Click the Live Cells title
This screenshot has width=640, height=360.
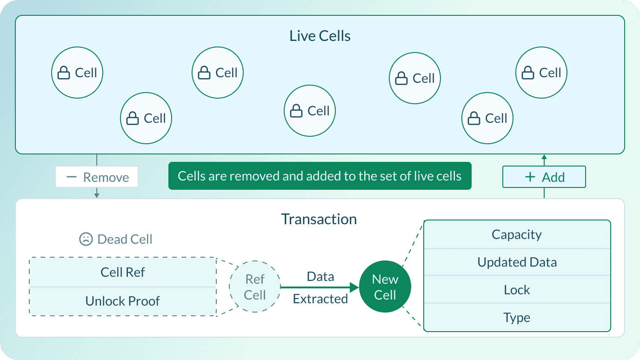(x=320, y=36)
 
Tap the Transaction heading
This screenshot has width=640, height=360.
(x=319, y=219)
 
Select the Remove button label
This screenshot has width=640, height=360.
(x=106, y=177)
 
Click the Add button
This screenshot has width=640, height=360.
(x=544, y=177)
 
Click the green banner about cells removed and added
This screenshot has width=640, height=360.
(x=320, y=176)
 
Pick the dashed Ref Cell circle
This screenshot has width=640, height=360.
(x=255, y=287)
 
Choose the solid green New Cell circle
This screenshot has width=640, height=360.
(x=385, y=287)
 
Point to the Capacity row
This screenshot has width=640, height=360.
(x=517, y=234)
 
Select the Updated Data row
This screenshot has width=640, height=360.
(x=517, y=262)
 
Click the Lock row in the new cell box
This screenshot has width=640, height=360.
(x=517, y=290)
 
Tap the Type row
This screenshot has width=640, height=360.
(x=517, y=318)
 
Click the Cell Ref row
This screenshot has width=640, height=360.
(x=123, y=272)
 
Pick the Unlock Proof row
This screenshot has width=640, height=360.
(x=123, y=301)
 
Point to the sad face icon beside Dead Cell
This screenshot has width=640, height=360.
(x=86, y=239)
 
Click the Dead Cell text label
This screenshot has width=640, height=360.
(x=125, y=239)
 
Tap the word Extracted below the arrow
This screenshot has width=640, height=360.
(x=320, y=299)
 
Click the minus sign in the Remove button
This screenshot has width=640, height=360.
(x=71, y=177)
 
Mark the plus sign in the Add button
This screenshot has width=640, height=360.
(x=530, y=177)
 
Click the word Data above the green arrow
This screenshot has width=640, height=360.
(x=320, y=277)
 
